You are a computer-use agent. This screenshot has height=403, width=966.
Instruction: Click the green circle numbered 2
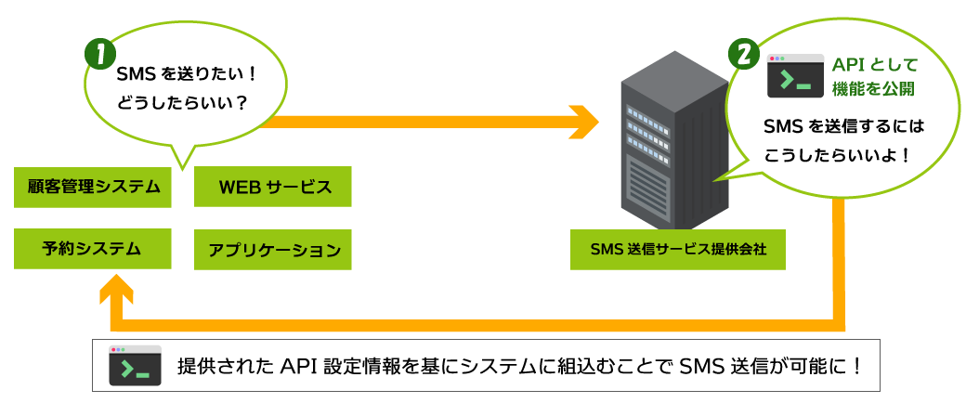click(x=745, y=53)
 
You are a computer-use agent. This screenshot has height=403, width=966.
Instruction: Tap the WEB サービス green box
click(x=274, y=187)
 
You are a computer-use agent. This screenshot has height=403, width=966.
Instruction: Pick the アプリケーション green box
click(x=274, y=249)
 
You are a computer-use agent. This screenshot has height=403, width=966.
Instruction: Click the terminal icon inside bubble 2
click(x=795, y=76)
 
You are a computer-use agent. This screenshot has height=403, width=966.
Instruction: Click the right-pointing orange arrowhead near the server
click(x=585, y=121)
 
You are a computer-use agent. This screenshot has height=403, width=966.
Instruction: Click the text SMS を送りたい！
click(x=185, y=75)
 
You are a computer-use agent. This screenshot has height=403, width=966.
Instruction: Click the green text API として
click(x=874, y=64)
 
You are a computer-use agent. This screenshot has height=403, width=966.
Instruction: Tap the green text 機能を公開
click(x=874, y=89)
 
